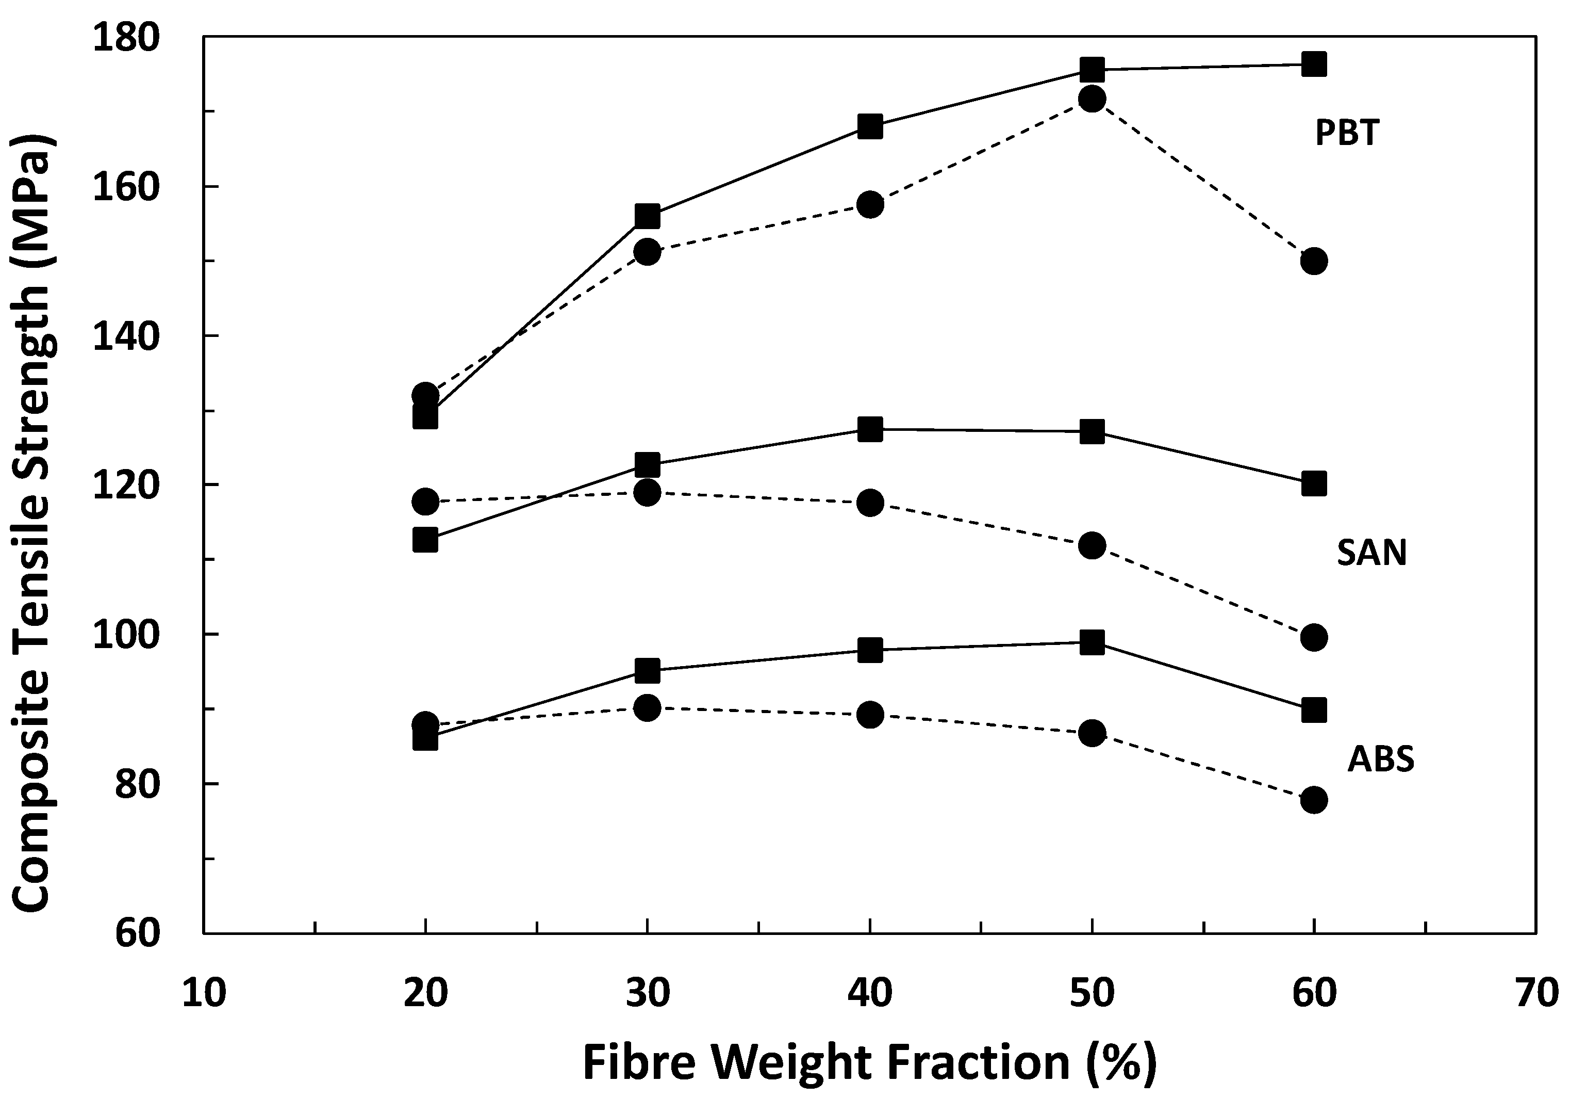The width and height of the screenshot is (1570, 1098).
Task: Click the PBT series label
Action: pos(1347,133)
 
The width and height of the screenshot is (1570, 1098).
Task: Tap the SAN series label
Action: pos(1371,553)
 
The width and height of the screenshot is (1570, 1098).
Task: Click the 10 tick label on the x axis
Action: pos(204,993)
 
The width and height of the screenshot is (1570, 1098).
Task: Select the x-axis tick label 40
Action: pos(870,993)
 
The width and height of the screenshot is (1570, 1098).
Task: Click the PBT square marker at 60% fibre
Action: pos(1314,64)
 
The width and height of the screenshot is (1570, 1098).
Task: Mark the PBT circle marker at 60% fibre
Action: pos(1314,261)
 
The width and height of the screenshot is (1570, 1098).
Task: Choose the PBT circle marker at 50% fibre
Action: pos(1092,99)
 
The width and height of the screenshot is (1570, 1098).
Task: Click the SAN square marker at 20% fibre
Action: pos(425,540)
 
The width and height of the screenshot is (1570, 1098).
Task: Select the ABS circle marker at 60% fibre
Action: pos(1314,800)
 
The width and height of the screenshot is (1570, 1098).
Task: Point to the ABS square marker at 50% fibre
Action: pos(1092,642)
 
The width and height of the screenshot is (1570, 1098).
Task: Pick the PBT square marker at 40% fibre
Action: pos(870,126)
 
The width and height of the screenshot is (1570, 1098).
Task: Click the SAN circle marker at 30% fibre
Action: pos(647,492)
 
